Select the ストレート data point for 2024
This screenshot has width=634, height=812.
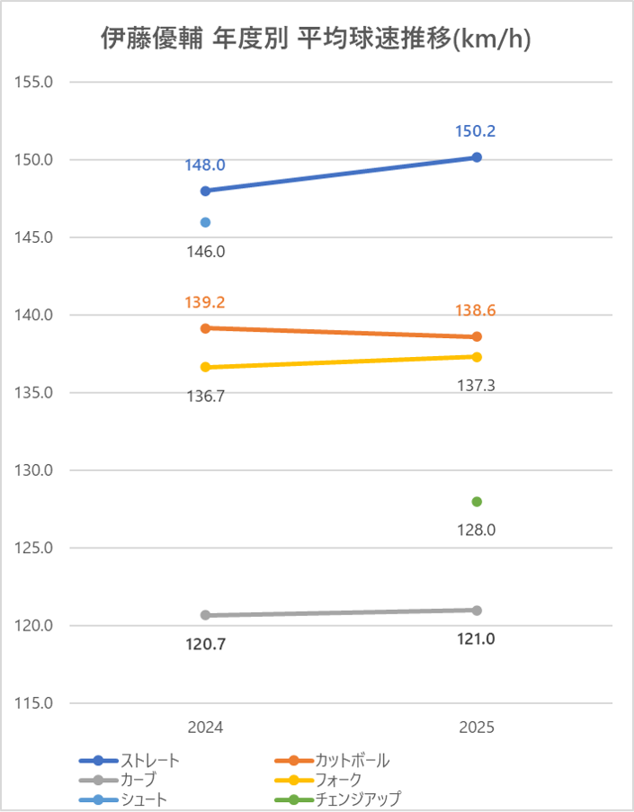(205, 191)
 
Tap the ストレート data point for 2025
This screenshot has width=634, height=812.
(477, 157)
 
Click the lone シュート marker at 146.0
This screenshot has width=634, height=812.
(205, 222)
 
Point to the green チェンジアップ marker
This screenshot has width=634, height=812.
(477, 502)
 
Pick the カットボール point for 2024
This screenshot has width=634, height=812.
(205, 328)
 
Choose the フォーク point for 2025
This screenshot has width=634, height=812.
(477, 357)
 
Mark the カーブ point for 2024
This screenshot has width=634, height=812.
(205, 615)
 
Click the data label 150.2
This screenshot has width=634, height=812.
(477, 131)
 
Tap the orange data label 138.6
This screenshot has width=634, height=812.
(477, 311)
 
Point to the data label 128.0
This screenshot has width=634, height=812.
(477, 531)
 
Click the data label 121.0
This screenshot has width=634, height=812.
(477, 639)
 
